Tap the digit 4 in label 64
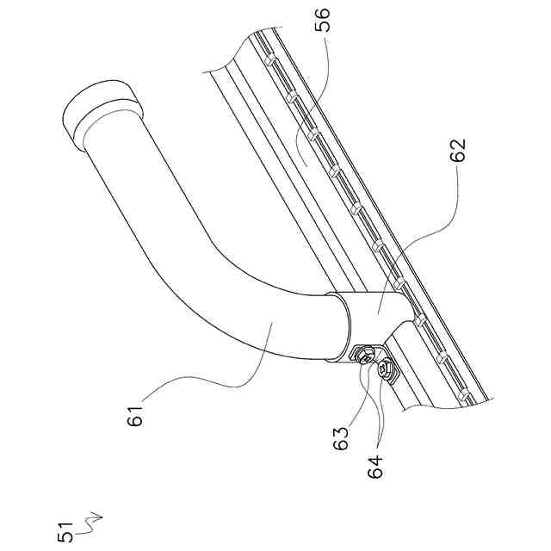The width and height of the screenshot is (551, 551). pos(375,454)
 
